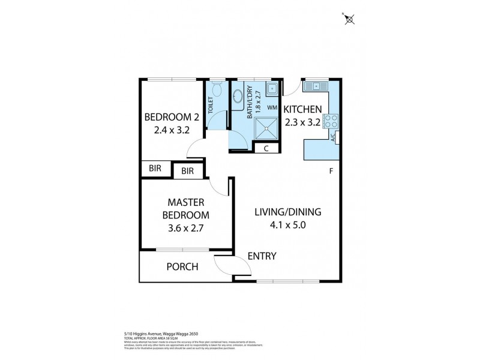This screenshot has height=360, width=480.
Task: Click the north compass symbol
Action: click(350, 20)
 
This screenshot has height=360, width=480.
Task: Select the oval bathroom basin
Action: click(238, 97)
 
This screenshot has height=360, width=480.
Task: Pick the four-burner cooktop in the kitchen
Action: click(331, 121)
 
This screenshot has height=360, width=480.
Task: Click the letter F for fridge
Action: click(331, 171)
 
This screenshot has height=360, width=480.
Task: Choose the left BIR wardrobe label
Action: click(155, 169)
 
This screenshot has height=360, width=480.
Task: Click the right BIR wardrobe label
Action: click(188, 172)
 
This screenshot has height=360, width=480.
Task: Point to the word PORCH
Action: click(183, 266)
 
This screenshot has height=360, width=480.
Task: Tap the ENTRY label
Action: click(262, 256)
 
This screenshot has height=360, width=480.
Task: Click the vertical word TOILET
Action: click(211, 106)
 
